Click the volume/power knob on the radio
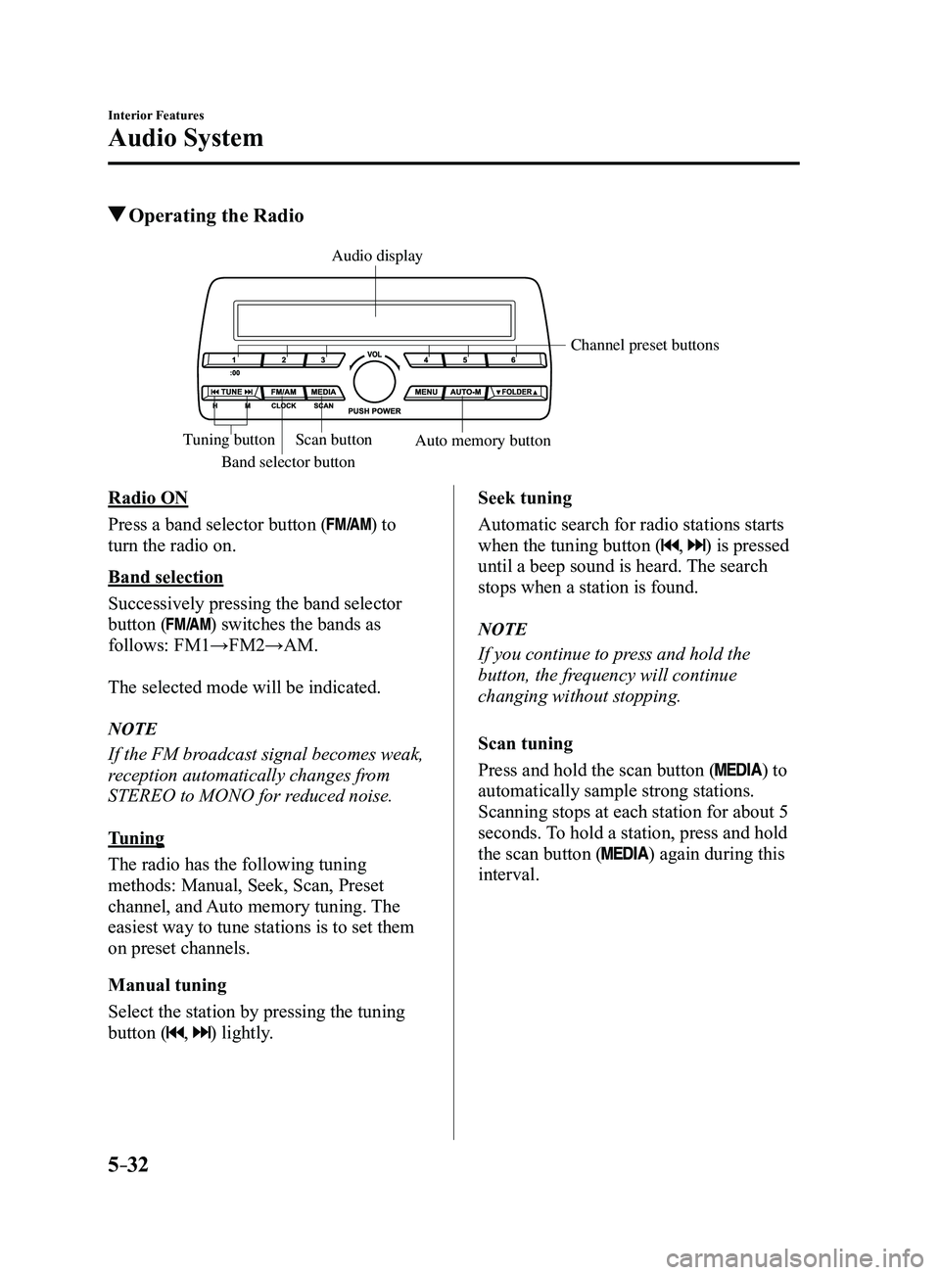pyautogui.click(x=374, y=381)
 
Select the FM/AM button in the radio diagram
pyautogui.click(x=283, y=392)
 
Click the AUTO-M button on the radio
pyautogui.click(x=465, y=392)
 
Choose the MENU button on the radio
pyautogui.click(x=425, y=392)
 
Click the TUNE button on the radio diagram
pyautogui.click(x=231, y=392)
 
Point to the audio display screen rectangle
pyautogui.click(x=375, y=320)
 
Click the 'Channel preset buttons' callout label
pyautogui.click(x=644, y=345)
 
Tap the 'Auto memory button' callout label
pyautogui.click(x=483, y=441)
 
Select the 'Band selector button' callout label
pyautogui.click(x=288, y=461)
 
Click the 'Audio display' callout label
pyautogui.click(x=377, y=257)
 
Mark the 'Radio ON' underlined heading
pyautogui.click(x=148, y=498)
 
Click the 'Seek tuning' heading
pyautogui.click(x=525, y=498)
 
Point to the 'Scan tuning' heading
pyautogui.click(x=525, y=743)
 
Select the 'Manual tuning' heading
pyautogui.click(x=167, y=985)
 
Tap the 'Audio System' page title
pyautogui.click(x=186, y=138)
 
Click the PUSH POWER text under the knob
pyautogui.click(x=374, y=411)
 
